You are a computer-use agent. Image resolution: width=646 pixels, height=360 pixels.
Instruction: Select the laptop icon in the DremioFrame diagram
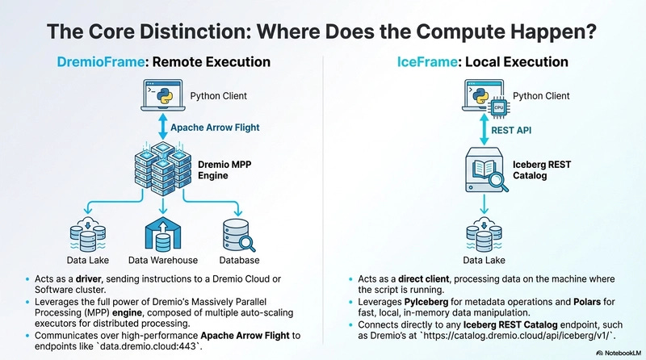point(161,94)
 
